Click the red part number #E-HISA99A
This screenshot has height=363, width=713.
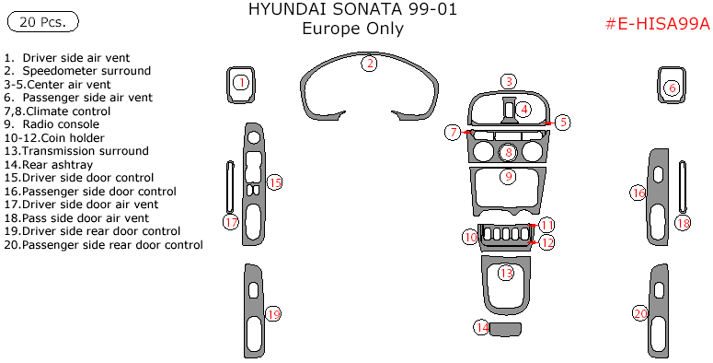point(657,25)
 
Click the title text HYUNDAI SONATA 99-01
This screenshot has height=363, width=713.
point(352,10)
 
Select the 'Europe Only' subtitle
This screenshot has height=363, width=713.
point(352,29)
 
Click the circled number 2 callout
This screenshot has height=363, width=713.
point(369,64)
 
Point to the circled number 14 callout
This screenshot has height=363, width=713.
point(481,327)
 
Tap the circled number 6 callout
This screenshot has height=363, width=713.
point(671,88)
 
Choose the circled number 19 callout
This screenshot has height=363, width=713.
point(272,314)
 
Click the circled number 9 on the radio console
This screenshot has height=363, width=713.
point(508,176)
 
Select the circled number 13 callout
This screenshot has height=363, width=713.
point(506,273)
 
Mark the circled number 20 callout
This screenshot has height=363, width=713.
point(640,313)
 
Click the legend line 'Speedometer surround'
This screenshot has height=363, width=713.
point(86,70)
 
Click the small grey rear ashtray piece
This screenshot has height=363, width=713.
point(505,329)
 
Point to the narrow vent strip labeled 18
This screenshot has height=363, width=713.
point(683,189)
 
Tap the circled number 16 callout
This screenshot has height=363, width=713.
point(638,193)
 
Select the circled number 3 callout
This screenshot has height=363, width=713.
point(508,82)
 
